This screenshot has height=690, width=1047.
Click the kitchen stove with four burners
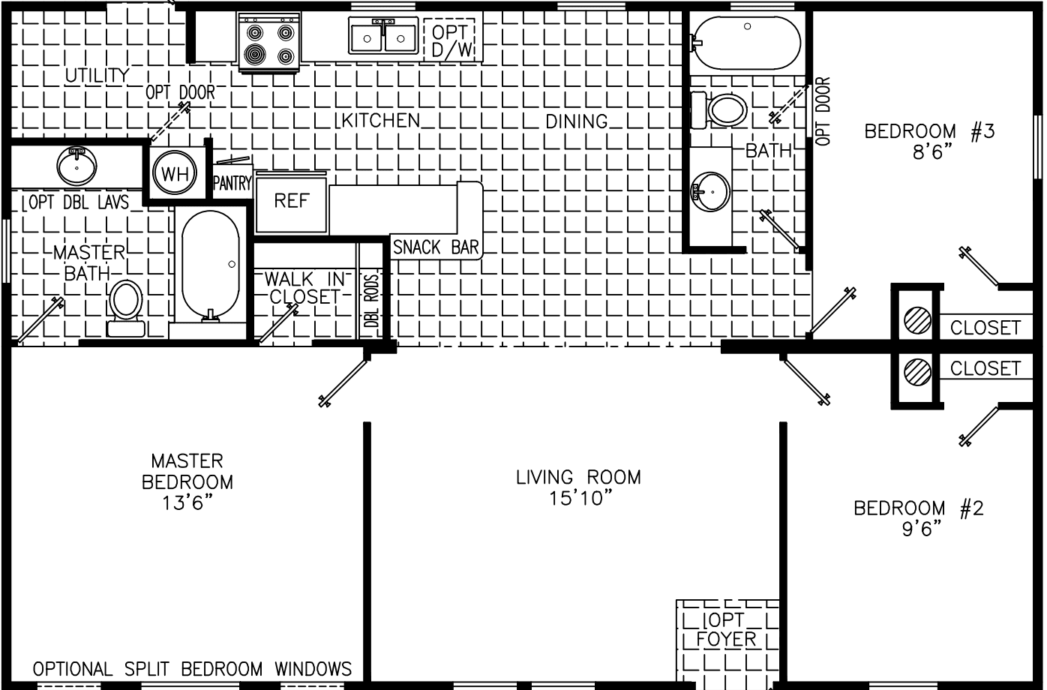[269, 43]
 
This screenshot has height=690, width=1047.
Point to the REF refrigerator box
[291, 202]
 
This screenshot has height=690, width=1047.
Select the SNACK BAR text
[436, 247]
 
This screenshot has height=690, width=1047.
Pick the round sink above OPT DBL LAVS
[76, 166]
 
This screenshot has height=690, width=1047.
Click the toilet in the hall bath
[720, 109]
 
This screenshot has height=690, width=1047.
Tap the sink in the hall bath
[709, 190]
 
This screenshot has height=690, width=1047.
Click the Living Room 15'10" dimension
[578, 497]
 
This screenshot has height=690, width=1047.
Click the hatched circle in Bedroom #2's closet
[917, 370]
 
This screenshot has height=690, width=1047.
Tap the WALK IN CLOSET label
[306, 287]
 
